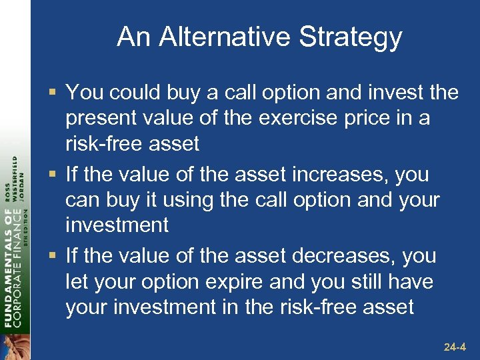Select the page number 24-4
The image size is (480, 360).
click(457, 347)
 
